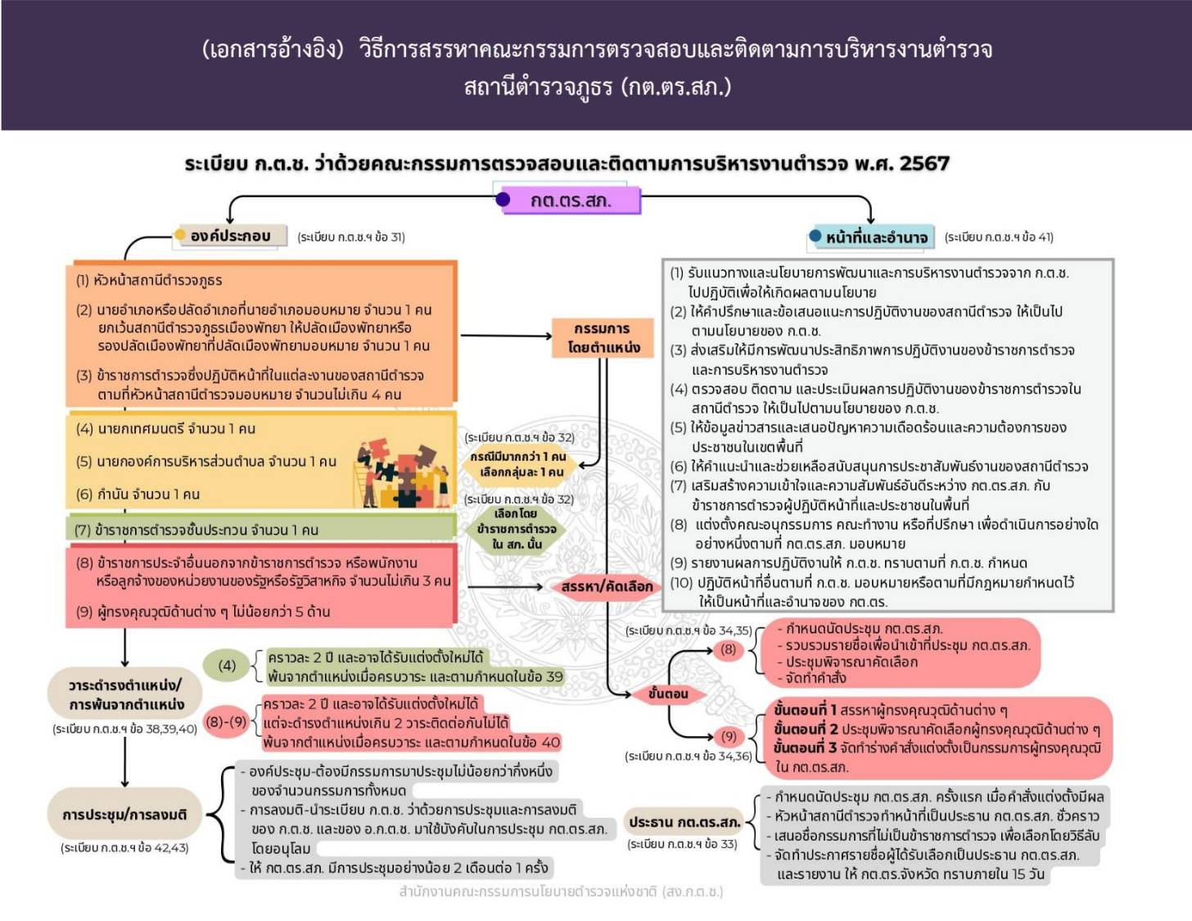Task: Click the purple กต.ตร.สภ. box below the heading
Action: tap(571, 201)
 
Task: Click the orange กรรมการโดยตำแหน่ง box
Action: tap(603, 338)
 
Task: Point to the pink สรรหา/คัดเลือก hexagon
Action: tap(606, 587)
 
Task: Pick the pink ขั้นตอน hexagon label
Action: tap(667, 694)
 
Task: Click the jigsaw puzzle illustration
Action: tap(402, 473)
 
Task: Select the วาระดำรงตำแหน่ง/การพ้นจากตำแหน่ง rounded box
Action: tap(125, 694)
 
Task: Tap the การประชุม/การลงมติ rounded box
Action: tap(124, 815)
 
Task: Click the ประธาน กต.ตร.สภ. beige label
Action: tap(684, 822)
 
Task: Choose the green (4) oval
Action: tap(227, 666)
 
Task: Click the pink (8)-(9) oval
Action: tap(226, 722)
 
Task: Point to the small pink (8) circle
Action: tap(728, 649)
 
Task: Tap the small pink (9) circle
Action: tap(729, 736)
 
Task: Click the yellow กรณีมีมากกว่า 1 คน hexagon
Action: tap(518, 465)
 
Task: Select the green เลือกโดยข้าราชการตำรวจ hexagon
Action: tap(517, 529)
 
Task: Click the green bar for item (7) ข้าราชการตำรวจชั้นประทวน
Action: tap(261, 528)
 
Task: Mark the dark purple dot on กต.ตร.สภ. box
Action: tap(503, 200)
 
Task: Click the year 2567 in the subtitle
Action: tap(924, 164)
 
